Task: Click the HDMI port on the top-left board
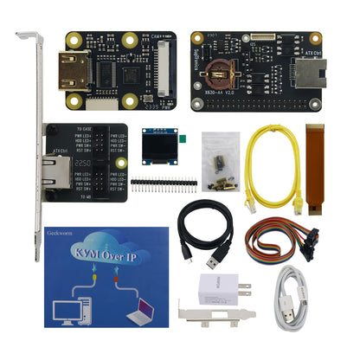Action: click(x=69, y=67)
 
